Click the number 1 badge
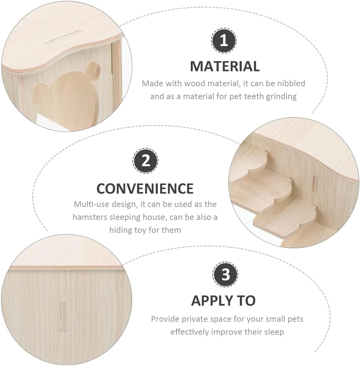coord(224,41)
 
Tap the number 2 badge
coord(145,161)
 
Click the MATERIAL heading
coord(224,67)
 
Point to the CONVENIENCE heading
coord(145,188)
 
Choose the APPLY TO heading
coord(223,301)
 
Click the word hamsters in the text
coord(90,217)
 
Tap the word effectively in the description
coord(190,332)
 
